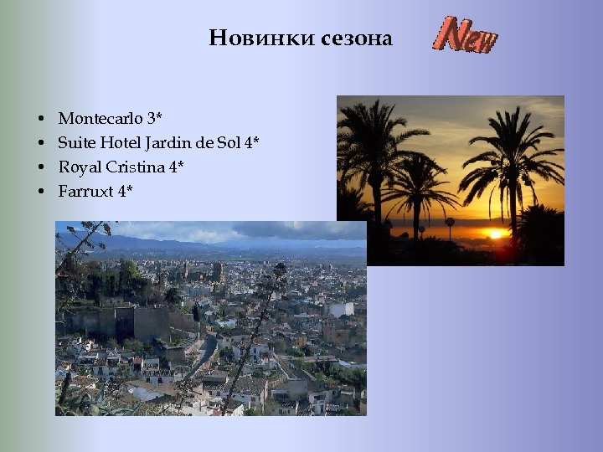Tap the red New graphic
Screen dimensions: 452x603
(x=465, y=35)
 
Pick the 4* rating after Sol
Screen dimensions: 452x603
(x=251, y=142)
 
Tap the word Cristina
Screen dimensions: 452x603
(x=135, y=167)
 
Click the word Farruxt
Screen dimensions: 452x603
(x=85, y=191)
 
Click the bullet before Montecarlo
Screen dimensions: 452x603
(x=40, y=119)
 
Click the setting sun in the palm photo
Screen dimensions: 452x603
(x=496, y=234)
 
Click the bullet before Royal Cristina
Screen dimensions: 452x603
(x=40, y=168)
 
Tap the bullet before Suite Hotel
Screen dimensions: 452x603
(x=40, y=144)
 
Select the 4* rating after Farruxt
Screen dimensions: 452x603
(x=125, y=191)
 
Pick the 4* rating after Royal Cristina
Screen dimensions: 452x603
(x=176, y=167)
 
